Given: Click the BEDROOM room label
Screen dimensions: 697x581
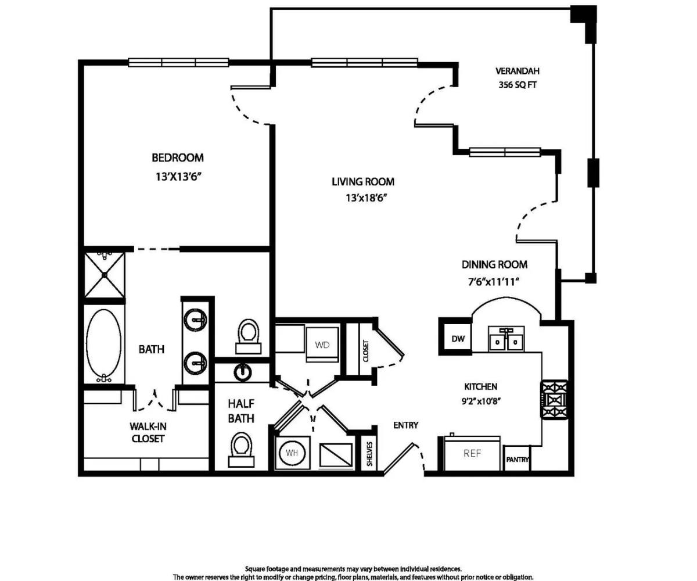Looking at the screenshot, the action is tap(178, 157).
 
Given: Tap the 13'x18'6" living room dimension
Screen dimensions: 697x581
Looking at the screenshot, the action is tap(366, 198).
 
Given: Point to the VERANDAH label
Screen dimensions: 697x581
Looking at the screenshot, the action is tap(518, 71).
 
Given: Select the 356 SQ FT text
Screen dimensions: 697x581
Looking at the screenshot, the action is tap(518, 85).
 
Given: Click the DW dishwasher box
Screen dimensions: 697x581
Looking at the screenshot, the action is tap(458, 339).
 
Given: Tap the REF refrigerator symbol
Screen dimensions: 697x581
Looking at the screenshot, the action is tap(472, 453).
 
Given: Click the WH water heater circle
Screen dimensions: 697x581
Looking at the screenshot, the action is tap(292, 453).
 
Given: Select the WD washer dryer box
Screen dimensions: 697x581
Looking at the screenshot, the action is tap(322, 345).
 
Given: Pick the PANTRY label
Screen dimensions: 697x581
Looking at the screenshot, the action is tap(517, 460).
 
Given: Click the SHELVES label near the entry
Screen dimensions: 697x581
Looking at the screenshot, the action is tap(369, 454).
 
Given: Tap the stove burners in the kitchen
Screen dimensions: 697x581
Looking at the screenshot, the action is tap(554, 400).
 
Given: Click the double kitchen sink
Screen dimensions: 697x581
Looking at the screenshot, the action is tap(506, 339).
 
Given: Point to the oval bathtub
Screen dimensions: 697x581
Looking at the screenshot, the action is tap(104, 345).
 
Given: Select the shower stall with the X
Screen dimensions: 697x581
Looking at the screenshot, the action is tap(105, 275).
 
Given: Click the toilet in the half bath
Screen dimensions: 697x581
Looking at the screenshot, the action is tap(241, 450).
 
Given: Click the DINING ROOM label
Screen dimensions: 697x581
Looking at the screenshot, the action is tap(494, 265).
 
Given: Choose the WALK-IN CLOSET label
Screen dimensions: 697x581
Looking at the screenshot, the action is tap(148, 432).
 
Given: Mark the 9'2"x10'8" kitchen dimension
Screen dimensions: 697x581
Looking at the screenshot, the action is tap(482, 401).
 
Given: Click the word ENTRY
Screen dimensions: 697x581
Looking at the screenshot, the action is tap(405, 425).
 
